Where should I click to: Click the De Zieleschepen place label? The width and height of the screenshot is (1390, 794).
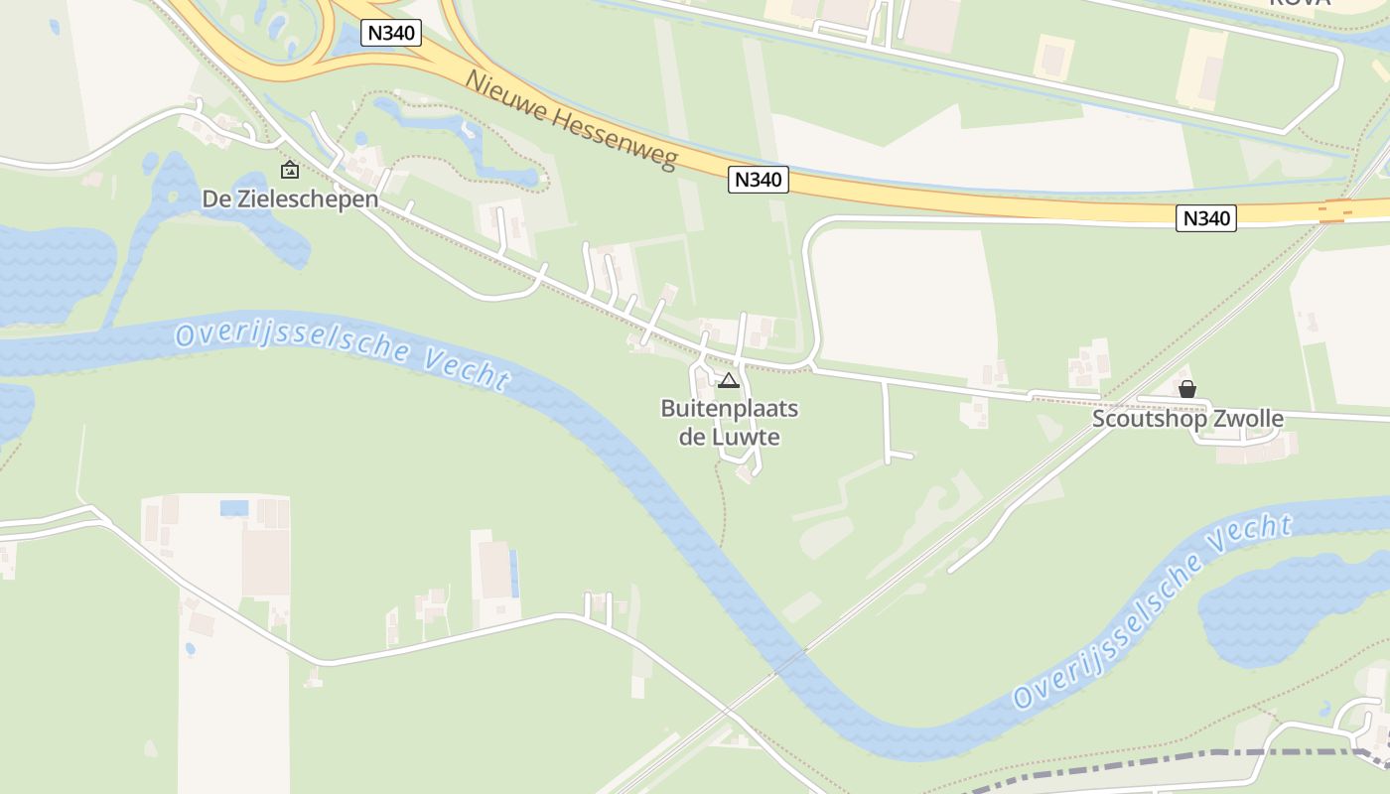(290, 199)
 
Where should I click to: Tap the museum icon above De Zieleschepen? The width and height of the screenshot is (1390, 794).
(289, 170)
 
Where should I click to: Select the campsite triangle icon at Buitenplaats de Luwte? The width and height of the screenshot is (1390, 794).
(729, 380)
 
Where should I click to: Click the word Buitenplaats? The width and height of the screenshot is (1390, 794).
(730, 409)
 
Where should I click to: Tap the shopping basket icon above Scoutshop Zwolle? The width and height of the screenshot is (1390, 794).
(1186, 389)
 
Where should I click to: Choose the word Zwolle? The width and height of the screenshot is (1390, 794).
(1249, 419)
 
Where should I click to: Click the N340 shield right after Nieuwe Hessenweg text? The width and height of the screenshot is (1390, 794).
(759, 180)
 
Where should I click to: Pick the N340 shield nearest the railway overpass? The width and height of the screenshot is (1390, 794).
(1206, 218)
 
